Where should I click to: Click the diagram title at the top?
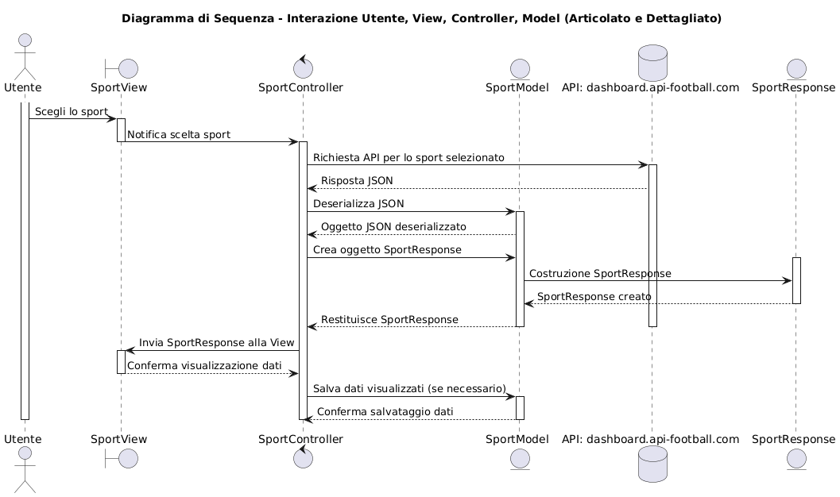tap(421, 18)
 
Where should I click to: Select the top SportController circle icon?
tap(300, 67)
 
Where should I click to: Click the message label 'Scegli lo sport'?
tap(72, 112)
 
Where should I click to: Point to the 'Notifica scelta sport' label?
tap(179, 135)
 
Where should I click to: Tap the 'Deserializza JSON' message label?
tap(358, 204)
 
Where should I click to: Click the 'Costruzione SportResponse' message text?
tap(600, 274)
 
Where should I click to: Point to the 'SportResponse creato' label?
tap(594, 297)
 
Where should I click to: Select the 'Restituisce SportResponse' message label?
tap(389, 320)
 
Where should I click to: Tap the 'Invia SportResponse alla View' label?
tap(217, 343)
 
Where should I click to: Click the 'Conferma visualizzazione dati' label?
tap(204, 366)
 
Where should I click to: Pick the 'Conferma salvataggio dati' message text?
tap(385, 412)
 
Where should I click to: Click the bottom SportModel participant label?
tap(517, 439)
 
